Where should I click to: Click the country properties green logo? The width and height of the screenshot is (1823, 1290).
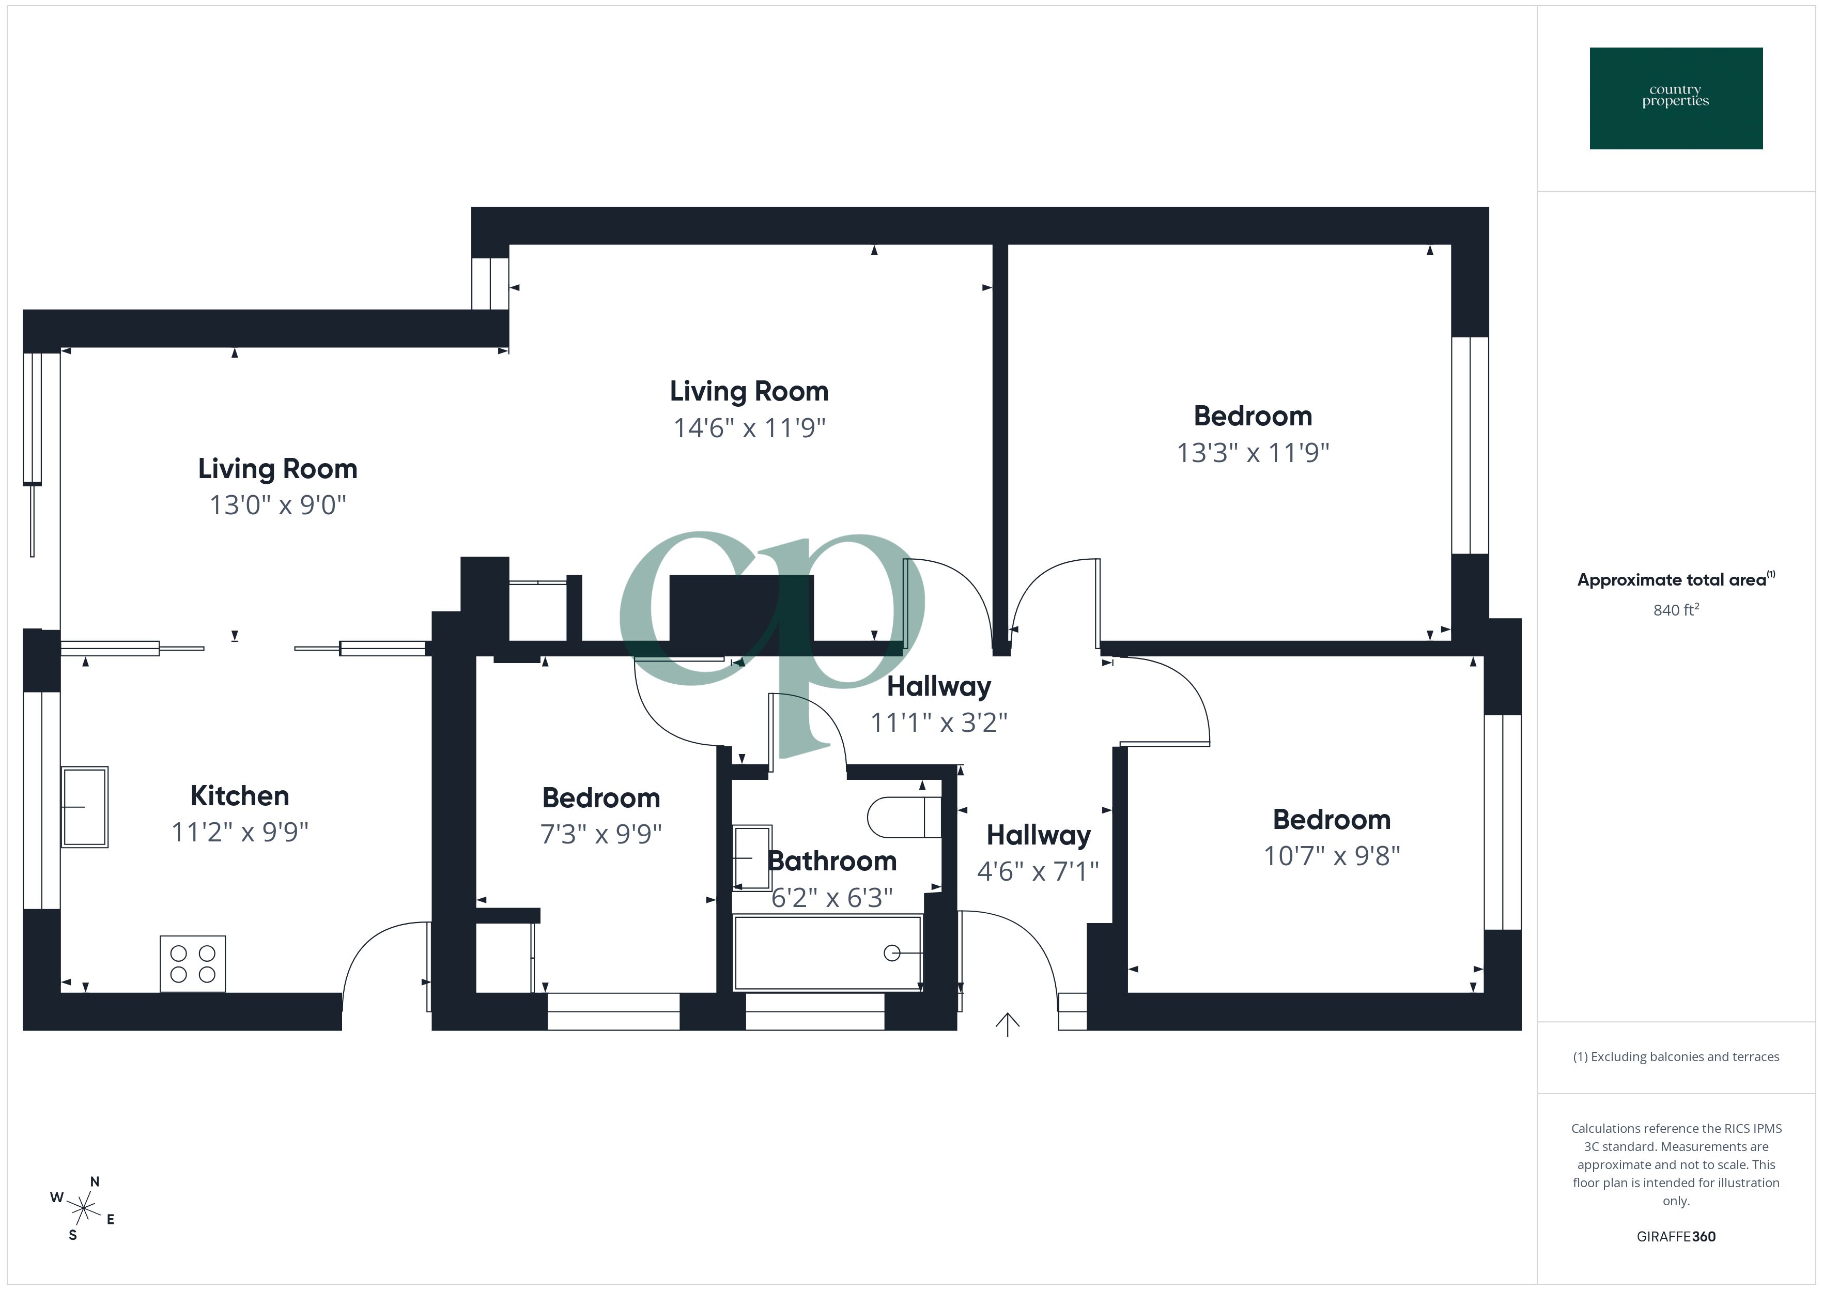click(x=1675, y=99)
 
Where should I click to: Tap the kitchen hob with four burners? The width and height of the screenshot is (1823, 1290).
click(x=193, y=963)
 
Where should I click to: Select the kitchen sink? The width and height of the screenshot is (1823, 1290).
click(x=84, y=807)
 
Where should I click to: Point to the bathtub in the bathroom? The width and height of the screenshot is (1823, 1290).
click(x=827, y=953)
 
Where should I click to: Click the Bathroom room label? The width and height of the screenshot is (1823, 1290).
click(x=831, y=861)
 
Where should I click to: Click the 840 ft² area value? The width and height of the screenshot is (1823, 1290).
click(x=1675, y=610)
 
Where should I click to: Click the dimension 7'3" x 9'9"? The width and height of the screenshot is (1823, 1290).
click(x=601, y=834)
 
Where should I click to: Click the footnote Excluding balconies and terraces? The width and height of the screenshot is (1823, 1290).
click(x=1675, y=1056)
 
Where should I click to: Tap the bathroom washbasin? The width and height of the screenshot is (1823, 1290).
click(x=752, y=858)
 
